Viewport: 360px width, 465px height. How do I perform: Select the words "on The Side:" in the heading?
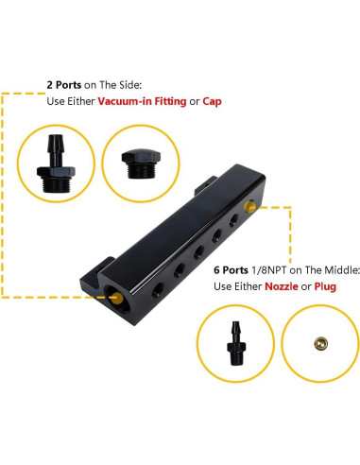tap(124, 83)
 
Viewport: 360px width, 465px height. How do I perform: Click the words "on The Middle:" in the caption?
tap(303, 267)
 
